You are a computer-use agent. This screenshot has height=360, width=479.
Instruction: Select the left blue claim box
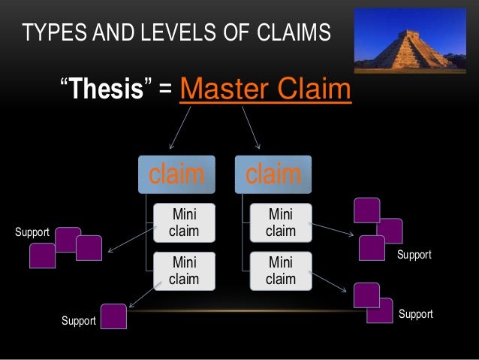176,174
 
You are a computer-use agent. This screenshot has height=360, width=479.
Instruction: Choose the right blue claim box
273,174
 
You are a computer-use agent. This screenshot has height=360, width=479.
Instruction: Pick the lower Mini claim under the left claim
184,271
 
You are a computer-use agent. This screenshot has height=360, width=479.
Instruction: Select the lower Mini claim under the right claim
280,271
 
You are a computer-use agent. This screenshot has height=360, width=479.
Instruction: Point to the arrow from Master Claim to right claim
251,128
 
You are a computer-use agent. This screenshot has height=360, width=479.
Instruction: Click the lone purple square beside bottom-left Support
113,316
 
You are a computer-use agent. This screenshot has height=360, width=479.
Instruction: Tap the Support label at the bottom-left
78,321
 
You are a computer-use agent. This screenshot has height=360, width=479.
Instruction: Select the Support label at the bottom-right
415,314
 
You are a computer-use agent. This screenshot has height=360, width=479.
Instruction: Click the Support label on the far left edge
32,232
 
